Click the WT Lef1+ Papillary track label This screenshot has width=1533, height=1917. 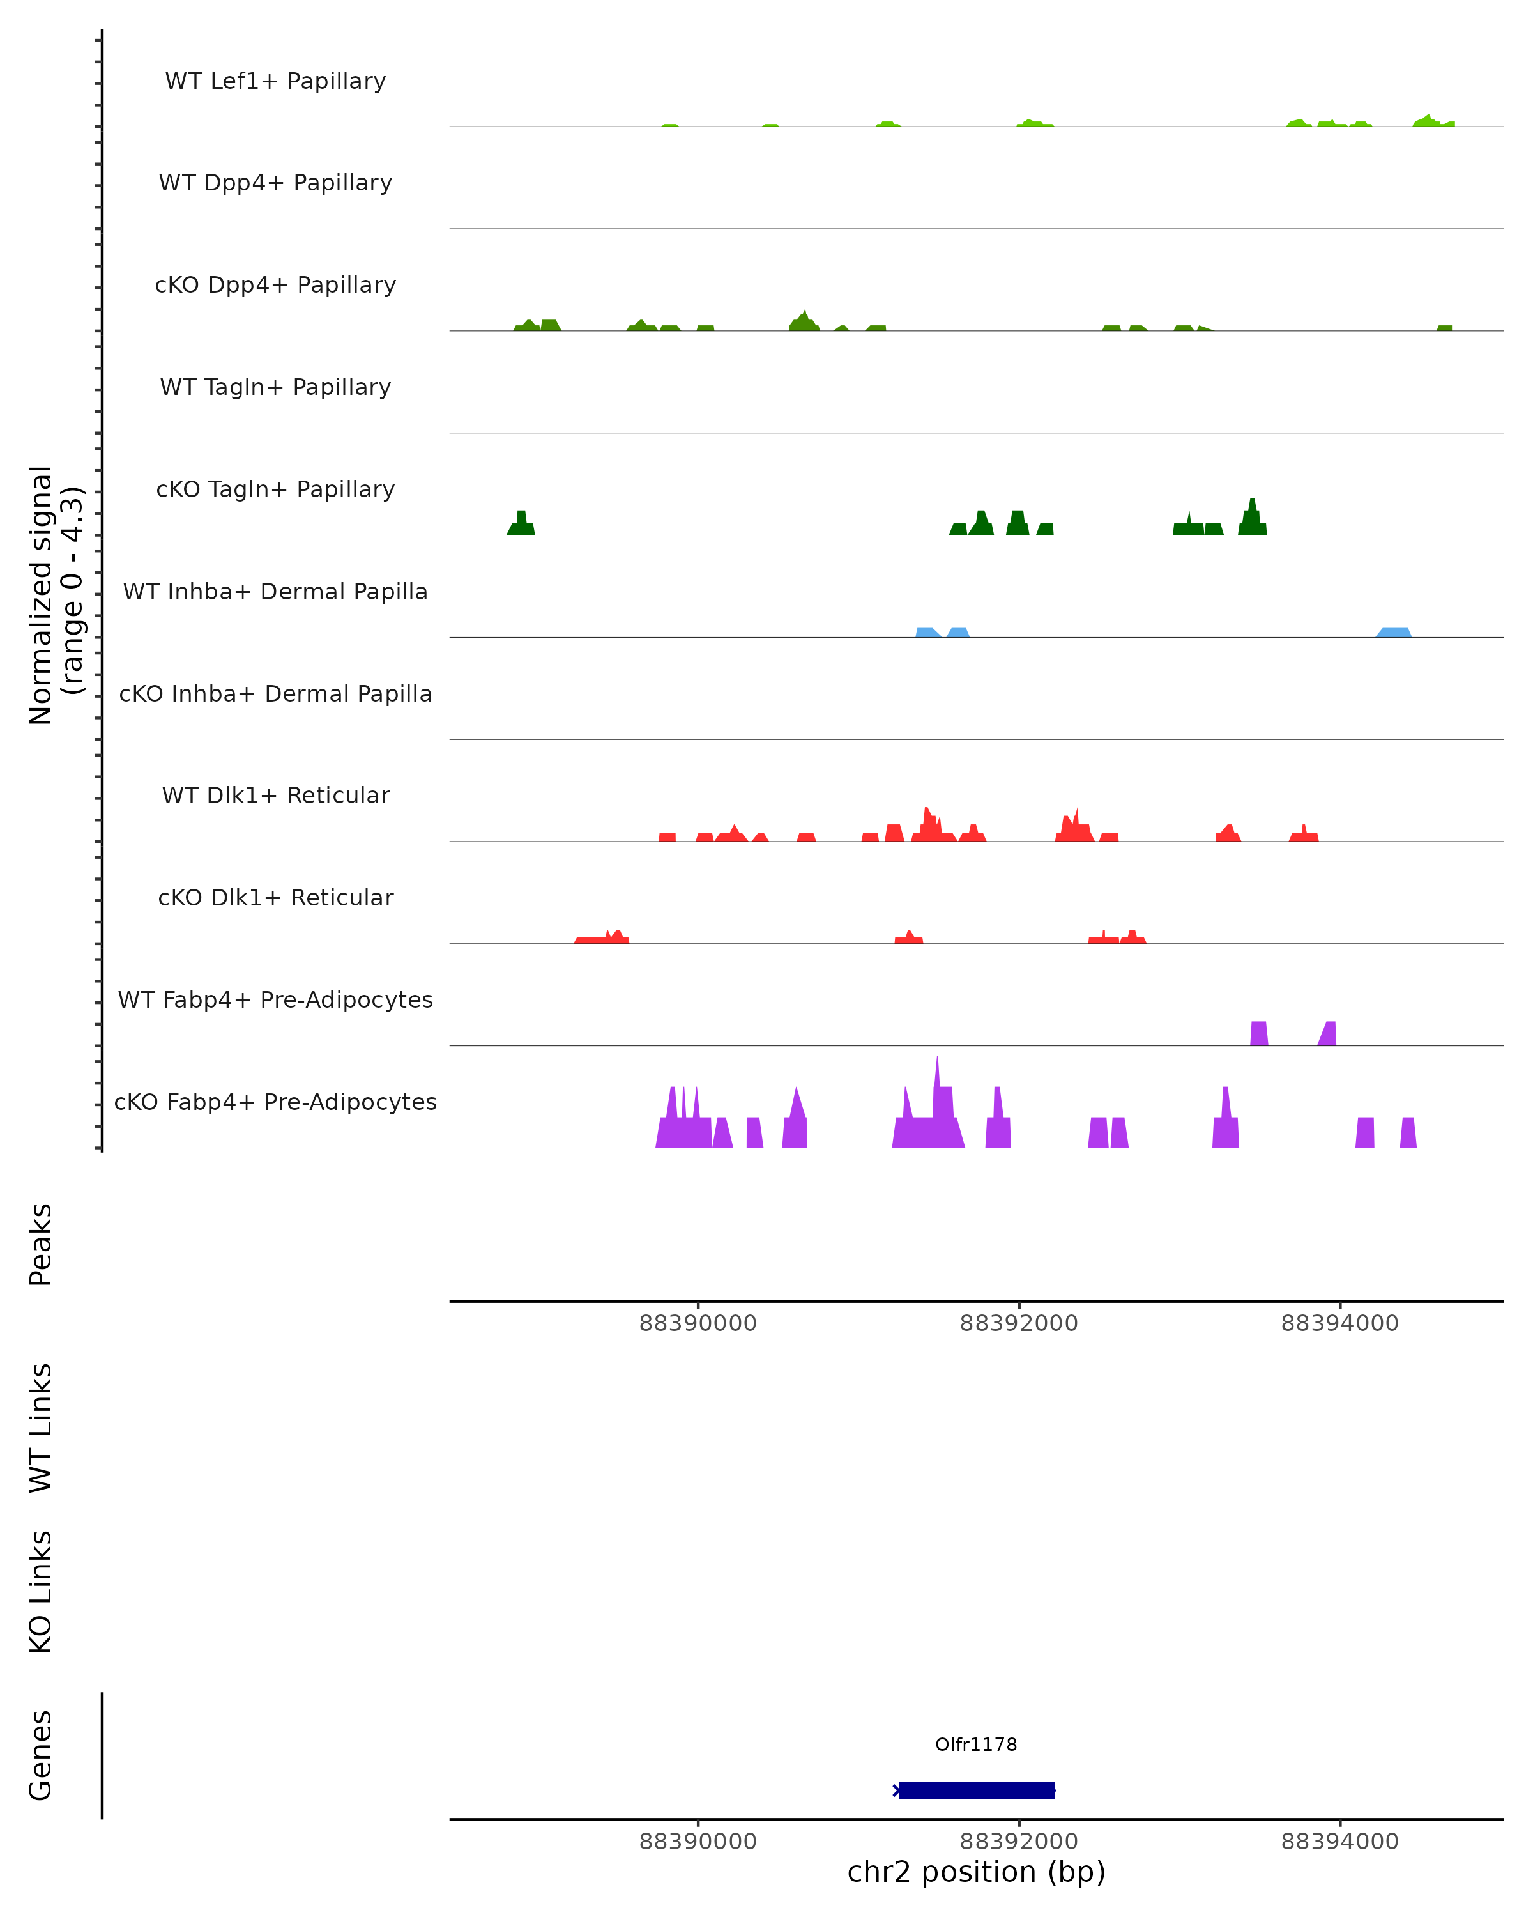tap(275, 81)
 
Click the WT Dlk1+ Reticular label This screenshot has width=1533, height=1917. tap(275, 795)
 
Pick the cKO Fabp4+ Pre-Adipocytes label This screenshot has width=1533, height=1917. tap(275, 1102)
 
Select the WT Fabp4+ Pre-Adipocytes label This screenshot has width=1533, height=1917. tap(275, 999)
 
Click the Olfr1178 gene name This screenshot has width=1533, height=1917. tap(976, 1744)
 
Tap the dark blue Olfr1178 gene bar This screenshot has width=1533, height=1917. tap(976, 1790)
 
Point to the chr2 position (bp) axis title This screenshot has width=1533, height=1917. tap(976, 1872)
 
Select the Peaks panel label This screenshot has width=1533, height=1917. tap(41, 1244)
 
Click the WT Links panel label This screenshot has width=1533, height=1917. tap(41, 1427)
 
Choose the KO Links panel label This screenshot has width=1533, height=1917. tap(41, 1592)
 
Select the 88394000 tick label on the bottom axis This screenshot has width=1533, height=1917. tap(1339, 1842)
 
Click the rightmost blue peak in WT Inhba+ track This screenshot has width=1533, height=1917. tap(1394, 632)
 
